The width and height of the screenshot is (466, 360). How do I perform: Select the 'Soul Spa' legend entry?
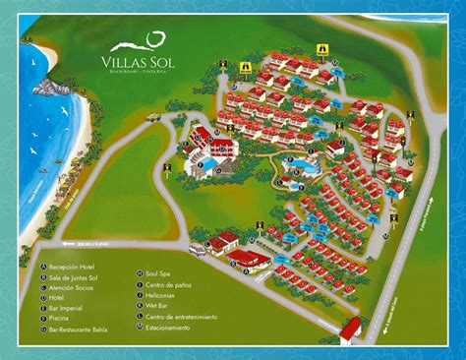(x=163, y=272)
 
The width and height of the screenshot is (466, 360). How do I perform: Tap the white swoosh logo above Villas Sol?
(x=150, y=39)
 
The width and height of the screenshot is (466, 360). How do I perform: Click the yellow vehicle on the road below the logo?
(x=154, y=115)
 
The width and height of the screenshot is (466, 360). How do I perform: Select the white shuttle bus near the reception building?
(x=198, y=250)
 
